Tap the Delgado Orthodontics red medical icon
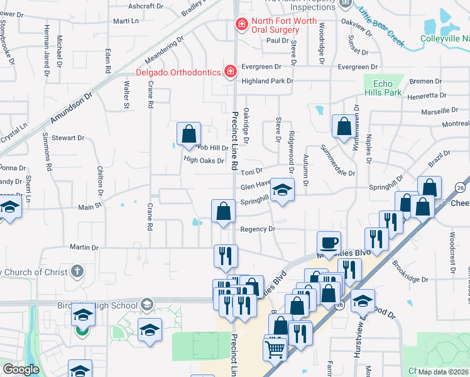[231, 71]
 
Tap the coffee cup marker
[329, 243]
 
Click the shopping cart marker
[275, 350]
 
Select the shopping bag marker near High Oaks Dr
[189, 134]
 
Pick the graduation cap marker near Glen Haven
[283, 190]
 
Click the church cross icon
[77, 271]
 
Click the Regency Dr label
[258, 229]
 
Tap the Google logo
[21, 369]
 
